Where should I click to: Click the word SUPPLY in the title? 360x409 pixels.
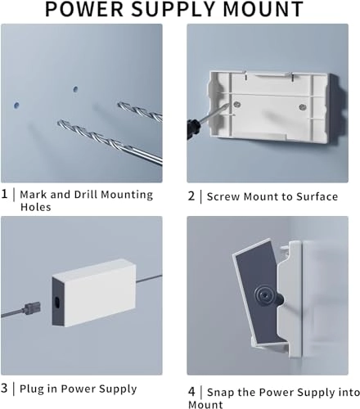(x=174, y=9)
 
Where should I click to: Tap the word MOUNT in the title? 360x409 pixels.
(x=263, y=9)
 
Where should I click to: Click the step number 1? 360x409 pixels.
(x=4, y=194)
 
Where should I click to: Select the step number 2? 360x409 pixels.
(x=191, y=196)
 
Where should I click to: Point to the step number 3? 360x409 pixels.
(x=4, y=388)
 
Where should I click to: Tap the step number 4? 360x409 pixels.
(x=191, y=392)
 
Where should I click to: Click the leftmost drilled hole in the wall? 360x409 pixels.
(x=16, y=106)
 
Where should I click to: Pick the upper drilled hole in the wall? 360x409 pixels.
(x=75, y=89)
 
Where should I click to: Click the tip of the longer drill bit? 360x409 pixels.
(x=59, y=122)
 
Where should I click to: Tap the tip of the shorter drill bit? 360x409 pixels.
(x=119, y=104)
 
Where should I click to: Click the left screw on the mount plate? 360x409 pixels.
(x=237, y=104)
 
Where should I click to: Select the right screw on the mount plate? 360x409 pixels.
(x=302, y=107)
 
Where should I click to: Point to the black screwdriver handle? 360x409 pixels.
(x=193, y=129)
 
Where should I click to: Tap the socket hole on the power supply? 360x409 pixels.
(x=57, y=302)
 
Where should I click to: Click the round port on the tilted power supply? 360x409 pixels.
(x=264, y=295)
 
